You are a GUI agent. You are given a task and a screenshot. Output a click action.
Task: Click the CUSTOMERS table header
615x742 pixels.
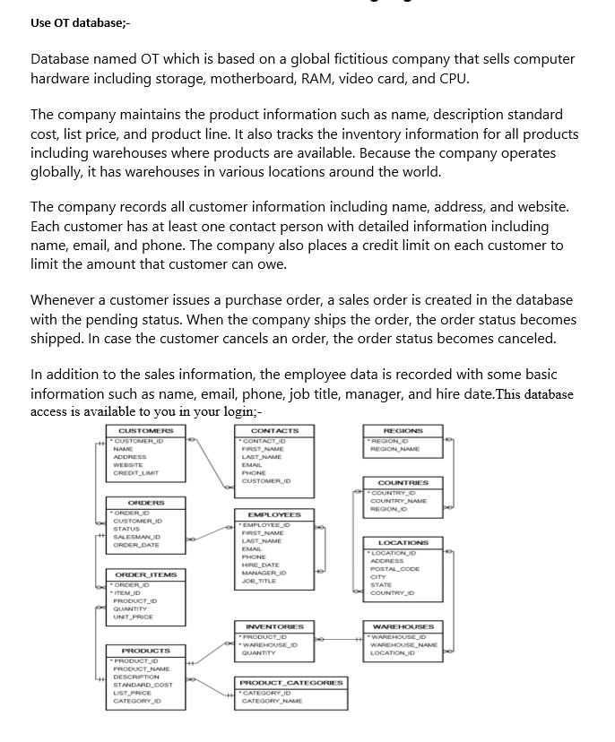coord(145,431)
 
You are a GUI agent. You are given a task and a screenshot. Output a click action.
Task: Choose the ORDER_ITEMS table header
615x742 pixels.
coord(146,574)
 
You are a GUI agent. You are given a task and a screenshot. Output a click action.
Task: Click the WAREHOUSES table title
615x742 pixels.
coord(403,626)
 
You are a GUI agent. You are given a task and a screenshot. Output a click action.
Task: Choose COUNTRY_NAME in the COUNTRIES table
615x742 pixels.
coord(401,500)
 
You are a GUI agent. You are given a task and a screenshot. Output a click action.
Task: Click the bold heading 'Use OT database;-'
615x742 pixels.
coord(80,22)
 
